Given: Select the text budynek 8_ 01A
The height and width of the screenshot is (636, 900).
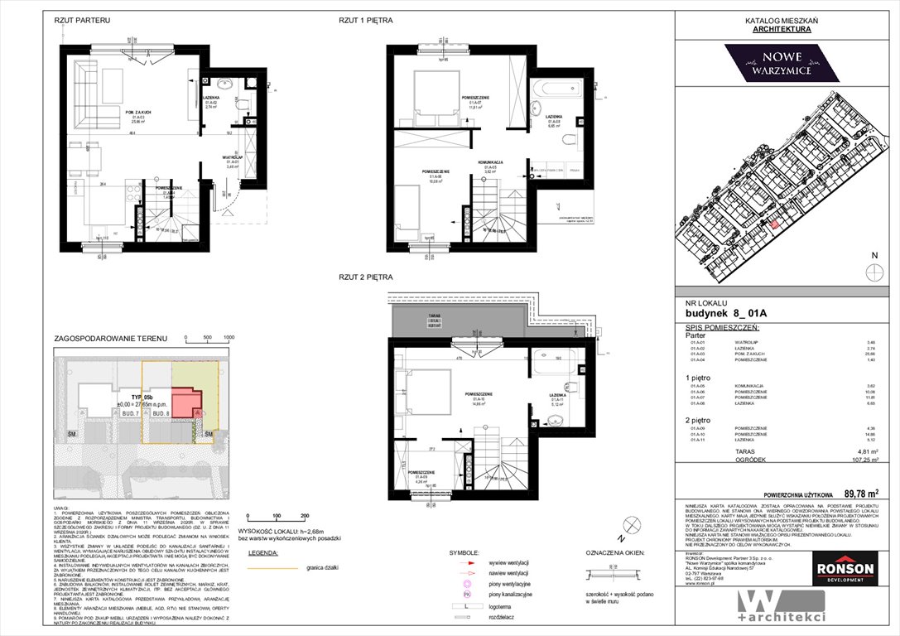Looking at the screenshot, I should (x=721, y=313).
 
